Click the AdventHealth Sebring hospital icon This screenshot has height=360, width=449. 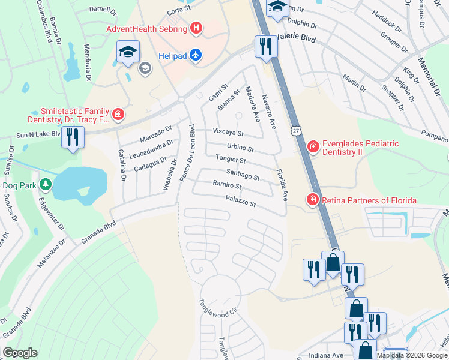click(196, 28)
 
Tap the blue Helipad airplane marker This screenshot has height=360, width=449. click(195, 55)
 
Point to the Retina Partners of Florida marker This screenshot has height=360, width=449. click(312, 199)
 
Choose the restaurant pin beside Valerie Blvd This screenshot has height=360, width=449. click(265, 46)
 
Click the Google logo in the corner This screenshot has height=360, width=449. click(20, 353)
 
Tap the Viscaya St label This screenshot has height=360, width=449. click(228, 133)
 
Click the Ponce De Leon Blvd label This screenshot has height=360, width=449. click(187, 153)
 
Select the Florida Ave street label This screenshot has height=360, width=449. click(282, 185)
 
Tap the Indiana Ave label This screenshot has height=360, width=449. click(326, 355)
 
